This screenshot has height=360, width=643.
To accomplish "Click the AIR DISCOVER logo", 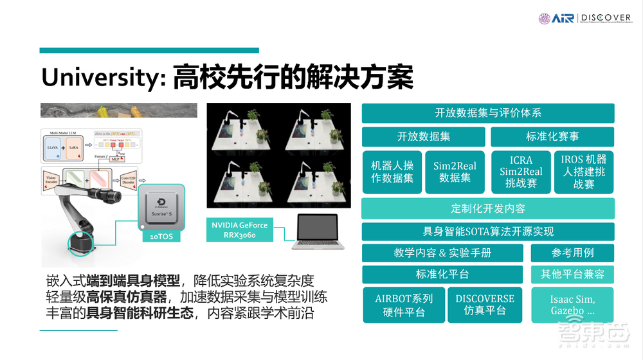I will [584, 18].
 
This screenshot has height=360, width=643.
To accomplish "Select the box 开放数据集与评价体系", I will [488, 113].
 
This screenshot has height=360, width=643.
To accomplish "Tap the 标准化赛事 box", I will [552, 136].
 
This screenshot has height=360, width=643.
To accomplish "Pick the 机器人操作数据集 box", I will [392, 172].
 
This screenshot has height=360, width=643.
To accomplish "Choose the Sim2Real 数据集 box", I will [455, 172].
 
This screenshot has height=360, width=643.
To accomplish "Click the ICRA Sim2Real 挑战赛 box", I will [521, 172].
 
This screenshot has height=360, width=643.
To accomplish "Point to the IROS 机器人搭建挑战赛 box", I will [584, 171].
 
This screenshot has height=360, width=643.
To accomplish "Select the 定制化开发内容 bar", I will [488, 208].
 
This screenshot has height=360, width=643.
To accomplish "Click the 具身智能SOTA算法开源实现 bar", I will [488, 231].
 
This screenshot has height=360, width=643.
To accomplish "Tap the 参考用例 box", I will [572, 253].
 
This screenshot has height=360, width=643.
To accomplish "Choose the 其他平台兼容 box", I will [572, 274].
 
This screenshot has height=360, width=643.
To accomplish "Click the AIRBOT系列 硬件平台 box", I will [404, 305].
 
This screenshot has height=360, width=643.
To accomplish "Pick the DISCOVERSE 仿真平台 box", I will [485, 305].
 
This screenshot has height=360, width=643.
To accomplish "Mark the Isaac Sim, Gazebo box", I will [572, 305].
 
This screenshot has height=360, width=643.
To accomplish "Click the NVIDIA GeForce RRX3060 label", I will [239, 230].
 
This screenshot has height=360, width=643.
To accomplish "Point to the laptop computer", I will [318, 231].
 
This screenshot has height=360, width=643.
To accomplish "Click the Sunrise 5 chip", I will [161, 208].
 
